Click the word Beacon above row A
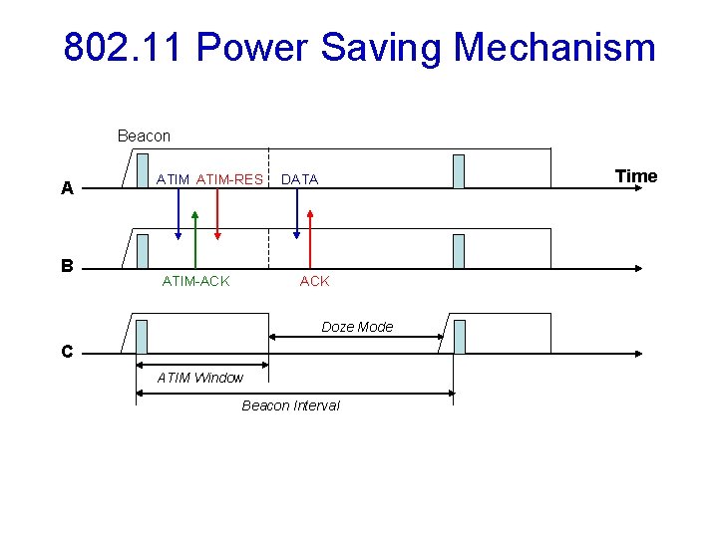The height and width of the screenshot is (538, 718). [144, 135]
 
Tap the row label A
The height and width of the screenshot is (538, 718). [67, 188]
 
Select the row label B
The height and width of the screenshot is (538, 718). [67, 266]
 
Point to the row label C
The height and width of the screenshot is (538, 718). [67, 352]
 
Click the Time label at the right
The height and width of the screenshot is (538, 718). [636, 176]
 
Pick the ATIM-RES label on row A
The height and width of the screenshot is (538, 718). [229, 179]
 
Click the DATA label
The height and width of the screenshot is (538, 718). [299, 179]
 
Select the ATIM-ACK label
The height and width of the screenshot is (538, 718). [195, 281]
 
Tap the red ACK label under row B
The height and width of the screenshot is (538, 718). [314, 281]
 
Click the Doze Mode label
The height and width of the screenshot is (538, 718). [357, 327]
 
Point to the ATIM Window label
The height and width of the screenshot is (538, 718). [200, 378]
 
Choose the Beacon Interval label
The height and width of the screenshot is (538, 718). [290, 405]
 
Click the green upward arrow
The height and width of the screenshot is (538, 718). [195, 239]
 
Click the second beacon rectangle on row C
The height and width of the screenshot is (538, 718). [459, 337]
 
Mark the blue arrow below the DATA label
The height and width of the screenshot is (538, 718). [296, 214]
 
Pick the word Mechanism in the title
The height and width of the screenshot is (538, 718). [554, 47]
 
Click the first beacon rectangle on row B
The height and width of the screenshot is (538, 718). [143, 251]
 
